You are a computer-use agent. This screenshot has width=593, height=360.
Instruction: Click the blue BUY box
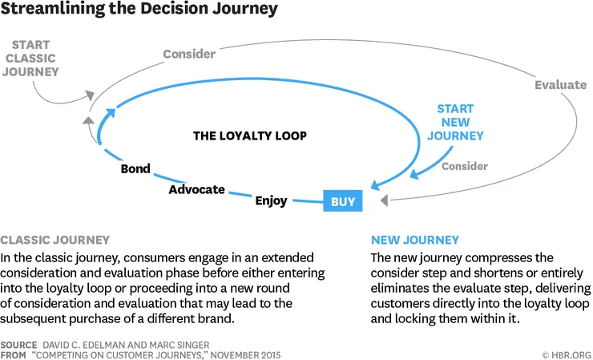pos(343,202)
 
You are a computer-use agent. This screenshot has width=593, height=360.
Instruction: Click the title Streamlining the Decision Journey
pos(140,10)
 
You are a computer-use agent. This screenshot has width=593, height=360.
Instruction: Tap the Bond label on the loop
pos(135,170)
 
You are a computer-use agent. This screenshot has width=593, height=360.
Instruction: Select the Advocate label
pos(196,190)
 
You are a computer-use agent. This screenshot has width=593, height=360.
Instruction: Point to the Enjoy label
pos(271,200)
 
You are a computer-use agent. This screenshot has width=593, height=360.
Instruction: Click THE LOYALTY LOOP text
pos(250,136)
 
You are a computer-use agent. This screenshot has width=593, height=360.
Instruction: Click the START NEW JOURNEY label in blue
pos(455,122)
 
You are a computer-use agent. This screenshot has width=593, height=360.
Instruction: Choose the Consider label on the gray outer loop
pos(189,55)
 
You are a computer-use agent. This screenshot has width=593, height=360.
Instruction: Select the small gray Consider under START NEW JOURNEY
pos(465,166)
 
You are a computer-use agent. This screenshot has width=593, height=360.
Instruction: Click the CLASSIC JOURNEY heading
pos(55,240)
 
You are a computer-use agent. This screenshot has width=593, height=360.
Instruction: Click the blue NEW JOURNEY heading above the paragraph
pos(415,240)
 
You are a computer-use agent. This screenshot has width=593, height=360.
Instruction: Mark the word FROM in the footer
pos(14,354)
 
